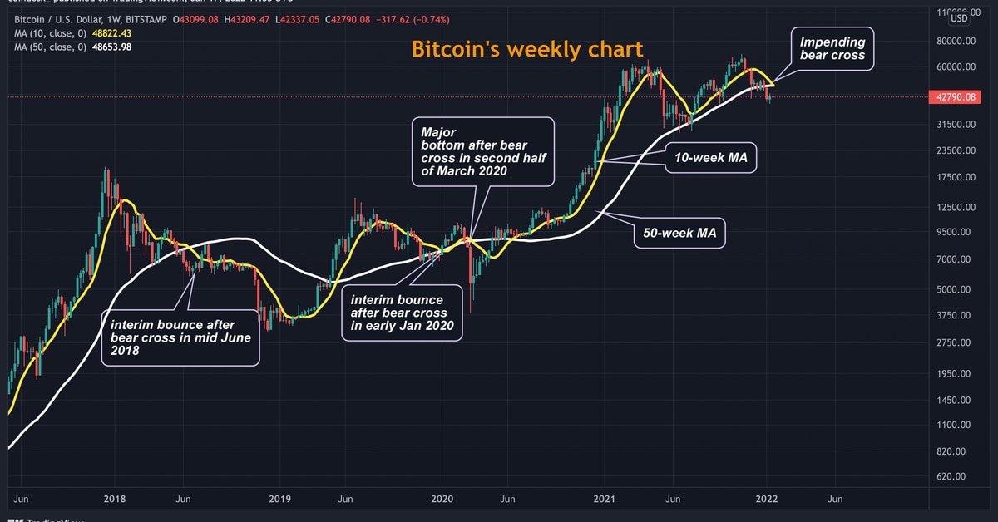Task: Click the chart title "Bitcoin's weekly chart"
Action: [x=527, y=49]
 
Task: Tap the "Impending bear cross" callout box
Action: [x=832, y=48]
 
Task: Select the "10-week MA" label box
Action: [x=709, y=156]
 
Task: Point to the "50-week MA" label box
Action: [x=679, y=234]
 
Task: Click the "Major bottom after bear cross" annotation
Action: [x=482, y=151]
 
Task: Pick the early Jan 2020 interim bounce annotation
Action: [x=403, y=313]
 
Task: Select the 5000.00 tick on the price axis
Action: [x=952, y=289]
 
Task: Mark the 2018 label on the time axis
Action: [x=113, y=499]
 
